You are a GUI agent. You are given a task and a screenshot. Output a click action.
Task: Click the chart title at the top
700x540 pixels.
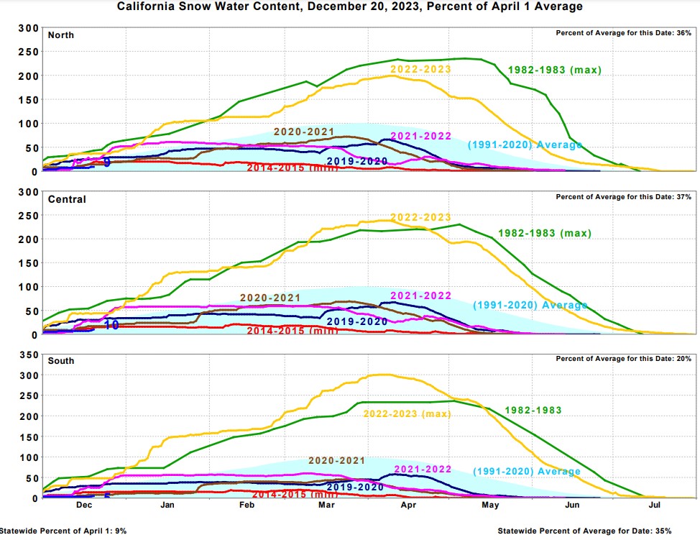[350, 6]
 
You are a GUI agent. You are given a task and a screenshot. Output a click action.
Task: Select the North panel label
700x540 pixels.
[60, 35]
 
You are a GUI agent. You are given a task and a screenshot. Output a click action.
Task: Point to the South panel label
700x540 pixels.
[60, 360]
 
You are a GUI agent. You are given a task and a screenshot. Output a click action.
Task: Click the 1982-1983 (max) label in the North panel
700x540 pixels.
[554, 70]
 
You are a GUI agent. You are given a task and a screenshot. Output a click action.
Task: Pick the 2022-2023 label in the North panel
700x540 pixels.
[420, 69]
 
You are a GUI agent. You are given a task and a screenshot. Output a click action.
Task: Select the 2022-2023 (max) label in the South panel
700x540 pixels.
[406, 413]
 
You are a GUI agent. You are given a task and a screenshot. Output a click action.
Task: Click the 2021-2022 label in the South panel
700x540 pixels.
[423, 469]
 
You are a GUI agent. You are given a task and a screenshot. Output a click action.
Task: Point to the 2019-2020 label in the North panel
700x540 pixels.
[357, 160]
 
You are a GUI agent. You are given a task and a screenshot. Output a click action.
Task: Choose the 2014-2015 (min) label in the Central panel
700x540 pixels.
[292, 331]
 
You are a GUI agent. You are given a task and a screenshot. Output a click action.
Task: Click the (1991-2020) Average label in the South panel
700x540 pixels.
[526, 472]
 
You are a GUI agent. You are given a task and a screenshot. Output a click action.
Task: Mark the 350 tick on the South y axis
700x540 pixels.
[27, 355]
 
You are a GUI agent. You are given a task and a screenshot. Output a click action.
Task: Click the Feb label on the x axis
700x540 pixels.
[247, 505]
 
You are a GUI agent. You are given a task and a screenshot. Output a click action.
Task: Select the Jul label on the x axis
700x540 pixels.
[655, 505]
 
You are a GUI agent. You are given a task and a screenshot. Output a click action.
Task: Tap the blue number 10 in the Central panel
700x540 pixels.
[111, 325]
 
